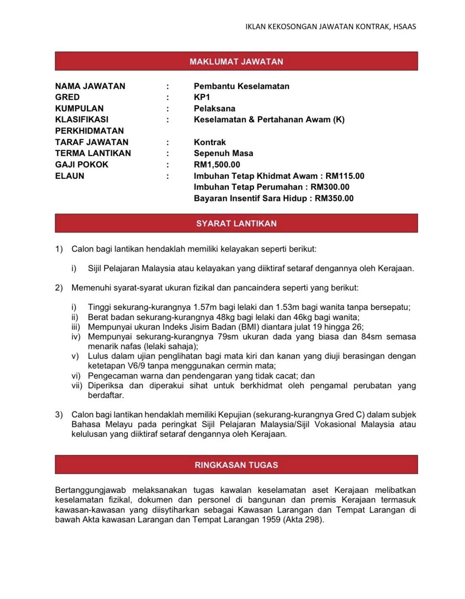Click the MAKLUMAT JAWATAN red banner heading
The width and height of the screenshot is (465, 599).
point(236,62)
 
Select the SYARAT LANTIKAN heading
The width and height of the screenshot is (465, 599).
point(236,223)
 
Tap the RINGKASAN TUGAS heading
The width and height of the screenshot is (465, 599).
point(236,465)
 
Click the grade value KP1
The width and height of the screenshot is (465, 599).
point(202,97)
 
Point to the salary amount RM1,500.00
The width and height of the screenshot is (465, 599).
point(217,165)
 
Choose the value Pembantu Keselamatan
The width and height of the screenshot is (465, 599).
point(241,86)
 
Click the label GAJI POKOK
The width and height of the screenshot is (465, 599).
point(82,165)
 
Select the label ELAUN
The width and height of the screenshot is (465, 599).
point(69,176)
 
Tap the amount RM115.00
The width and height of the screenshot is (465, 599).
point(345,176)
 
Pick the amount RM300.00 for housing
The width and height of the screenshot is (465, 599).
point(330,187)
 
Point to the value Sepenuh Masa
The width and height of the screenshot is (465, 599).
point(223,153)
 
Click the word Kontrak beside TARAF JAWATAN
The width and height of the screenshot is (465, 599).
point(210,142)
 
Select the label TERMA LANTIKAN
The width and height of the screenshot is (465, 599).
point(93,153)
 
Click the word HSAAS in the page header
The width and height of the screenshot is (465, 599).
point(404,27)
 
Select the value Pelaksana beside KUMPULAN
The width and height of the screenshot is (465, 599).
point(214,108)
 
